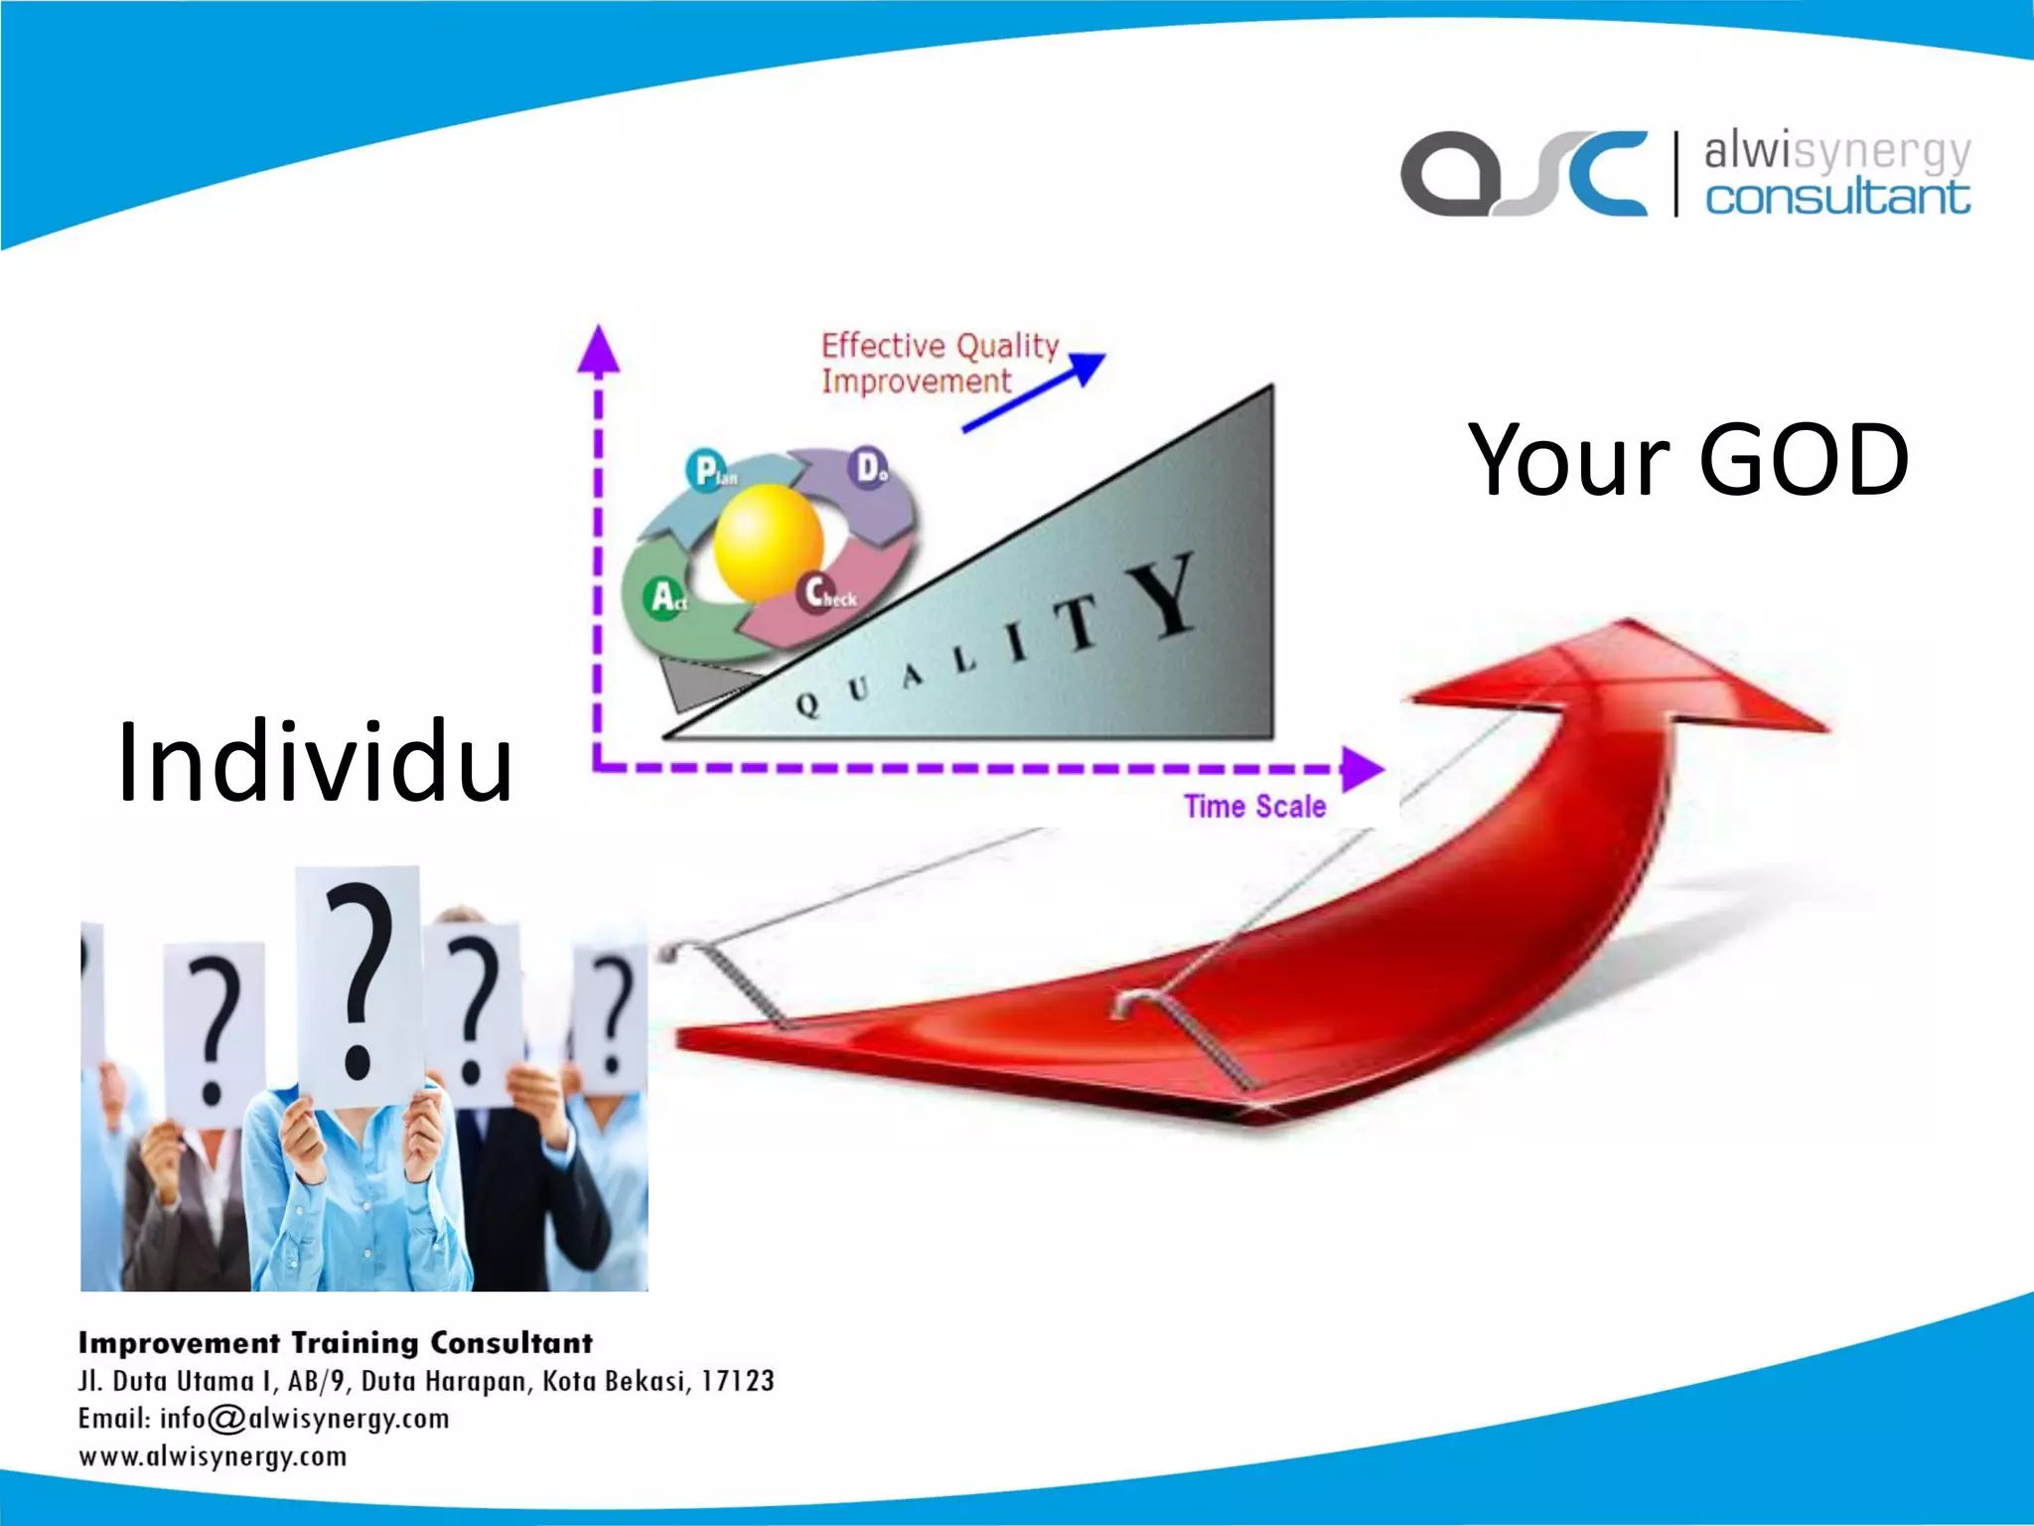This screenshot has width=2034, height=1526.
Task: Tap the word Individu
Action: coord(314,763)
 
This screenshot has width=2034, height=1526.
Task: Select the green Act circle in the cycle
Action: coord(664,598)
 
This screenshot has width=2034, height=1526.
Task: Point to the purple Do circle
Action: coord(871,467)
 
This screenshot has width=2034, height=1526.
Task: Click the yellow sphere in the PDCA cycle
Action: coord(768,541)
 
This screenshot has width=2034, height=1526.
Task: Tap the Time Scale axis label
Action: coord(1254,806)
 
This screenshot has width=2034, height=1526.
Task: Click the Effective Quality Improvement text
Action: coord(938,363)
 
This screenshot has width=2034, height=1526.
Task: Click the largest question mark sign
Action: coord(360,984)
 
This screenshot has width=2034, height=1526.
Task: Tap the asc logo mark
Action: coord(1523,174)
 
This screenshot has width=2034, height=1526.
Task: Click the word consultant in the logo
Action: coord(1837,197)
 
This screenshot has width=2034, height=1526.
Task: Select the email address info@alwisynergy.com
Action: coord(304,1419)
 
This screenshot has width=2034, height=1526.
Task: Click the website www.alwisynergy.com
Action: coord(213,1457)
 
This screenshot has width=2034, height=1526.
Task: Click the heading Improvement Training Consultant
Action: coord(336,1343)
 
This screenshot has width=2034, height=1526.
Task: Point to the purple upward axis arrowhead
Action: coord(598,350)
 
